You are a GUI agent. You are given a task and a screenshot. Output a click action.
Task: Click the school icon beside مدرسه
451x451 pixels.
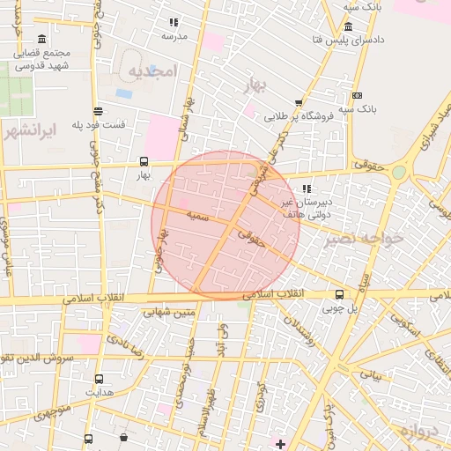pos(174,22)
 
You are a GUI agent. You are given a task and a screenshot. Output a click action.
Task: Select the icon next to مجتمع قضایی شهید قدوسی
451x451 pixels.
pos(43,39)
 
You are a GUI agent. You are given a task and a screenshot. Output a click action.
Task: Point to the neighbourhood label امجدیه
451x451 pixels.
pos(152,70)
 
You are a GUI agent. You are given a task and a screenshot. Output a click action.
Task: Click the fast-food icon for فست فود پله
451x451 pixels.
pos(98,111)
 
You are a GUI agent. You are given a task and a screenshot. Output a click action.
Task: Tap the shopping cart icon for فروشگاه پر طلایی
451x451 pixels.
pos(299,102)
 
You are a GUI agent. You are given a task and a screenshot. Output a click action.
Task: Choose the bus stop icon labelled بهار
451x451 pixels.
pos(144,162)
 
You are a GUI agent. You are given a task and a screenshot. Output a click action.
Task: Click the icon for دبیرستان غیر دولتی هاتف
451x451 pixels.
pos(306,189)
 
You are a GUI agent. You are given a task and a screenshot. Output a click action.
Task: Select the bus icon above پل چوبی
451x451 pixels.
pos(340,295)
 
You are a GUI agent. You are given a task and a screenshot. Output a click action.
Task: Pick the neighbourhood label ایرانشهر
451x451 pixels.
pos(29,131)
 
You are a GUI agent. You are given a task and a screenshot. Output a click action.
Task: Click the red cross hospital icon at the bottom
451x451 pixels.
pos(281,442)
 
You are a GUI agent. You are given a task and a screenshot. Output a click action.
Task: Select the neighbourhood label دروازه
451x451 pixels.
pos(418,431)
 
